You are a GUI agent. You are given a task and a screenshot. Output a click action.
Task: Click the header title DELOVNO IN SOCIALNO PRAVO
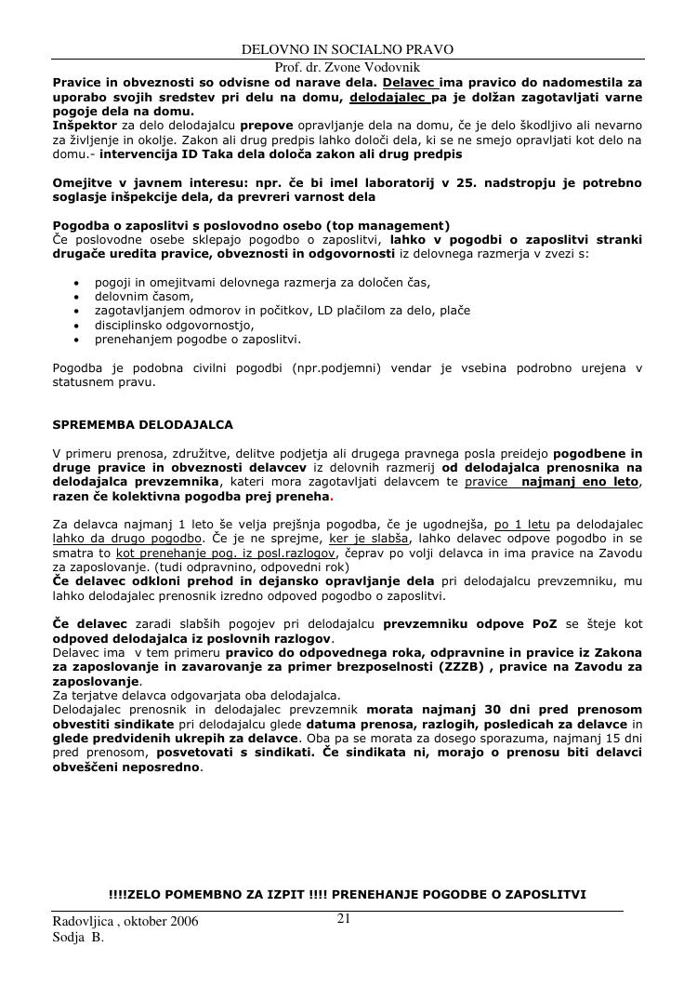coord(348,49)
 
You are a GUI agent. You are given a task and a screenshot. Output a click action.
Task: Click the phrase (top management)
coord(392,226)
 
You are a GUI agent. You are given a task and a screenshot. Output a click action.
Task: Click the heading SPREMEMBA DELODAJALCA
coord(143,424)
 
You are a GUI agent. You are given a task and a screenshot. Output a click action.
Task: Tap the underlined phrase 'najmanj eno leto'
coord(580,482)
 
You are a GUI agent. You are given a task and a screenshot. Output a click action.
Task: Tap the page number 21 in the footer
coord(343,919)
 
